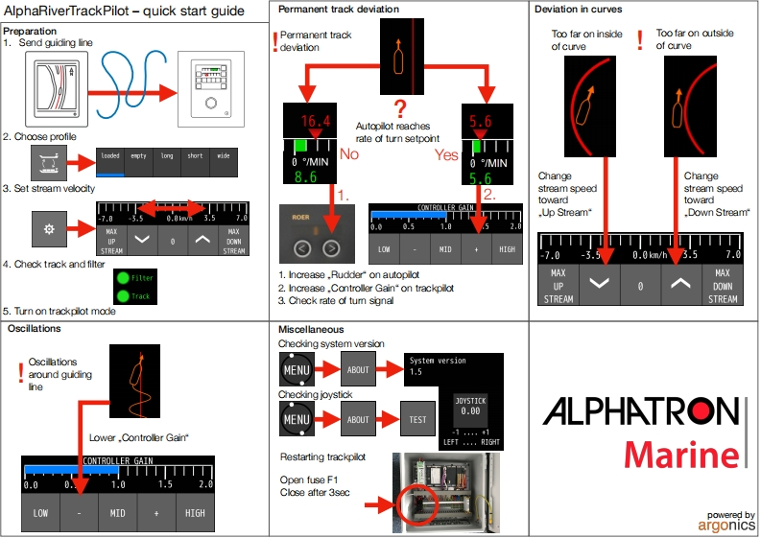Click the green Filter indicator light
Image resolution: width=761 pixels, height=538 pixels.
point(122,278)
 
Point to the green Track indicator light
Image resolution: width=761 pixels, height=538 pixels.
point(122,296)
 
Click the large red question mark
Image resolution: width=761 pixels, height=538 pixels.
point(401,108)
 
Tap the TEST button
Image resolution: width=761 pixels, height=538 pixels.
point(418,419)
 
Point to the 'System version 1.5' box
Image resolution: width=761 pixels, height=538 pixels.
point(450,366)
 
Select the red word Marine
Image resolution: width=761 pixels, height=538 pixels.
point(682,456)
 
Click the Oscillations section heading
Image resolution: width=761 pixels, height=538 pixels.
point(35,328)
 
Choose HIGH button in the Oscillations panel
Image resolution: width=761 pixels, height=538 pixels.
point(195,513)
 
